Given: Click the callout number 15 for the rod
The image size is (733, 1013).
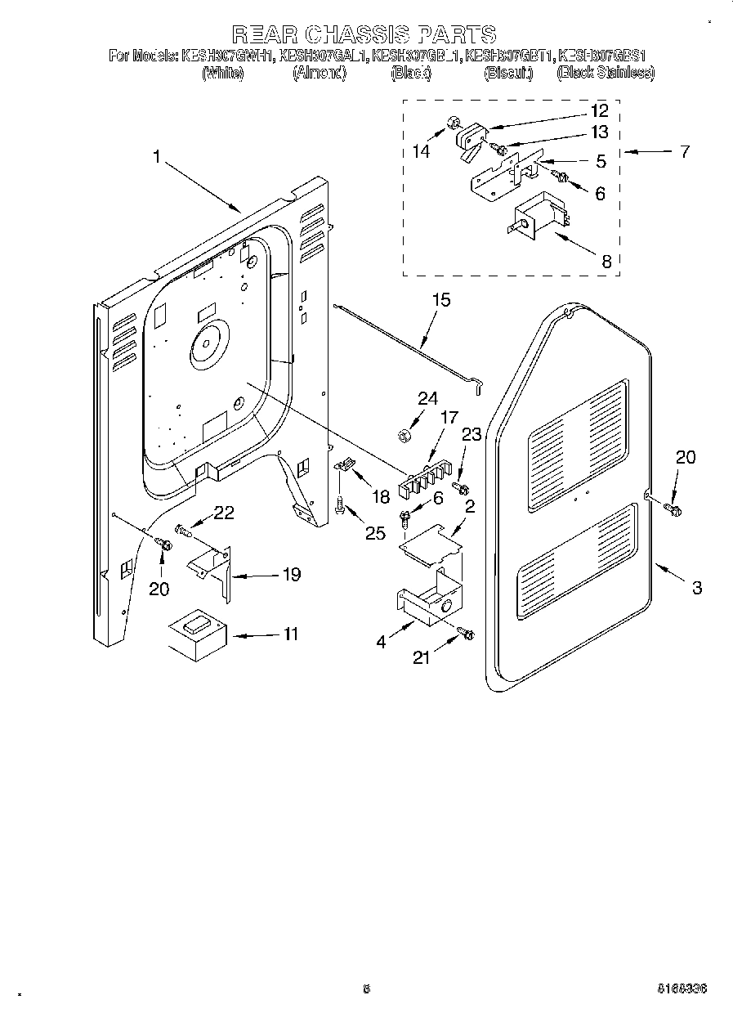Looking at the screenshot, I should pos(440,300).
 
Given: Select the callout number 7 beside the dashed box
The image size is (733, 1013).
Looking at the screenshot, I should pos(684,151).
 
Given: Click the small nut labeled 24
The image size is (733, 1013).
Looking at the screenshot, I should pos(404,434).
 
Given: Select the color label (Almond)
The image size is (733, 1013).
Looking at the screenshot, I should pos(320,74).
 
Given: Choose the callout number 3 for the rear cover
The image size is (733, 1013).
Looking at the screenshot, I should pos(696,587).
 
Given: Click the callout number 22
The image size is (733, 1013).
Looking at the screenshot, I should pos(224,513).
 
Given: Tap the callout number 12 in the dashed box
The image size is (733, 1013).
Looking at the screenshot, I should pos(599,111).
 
